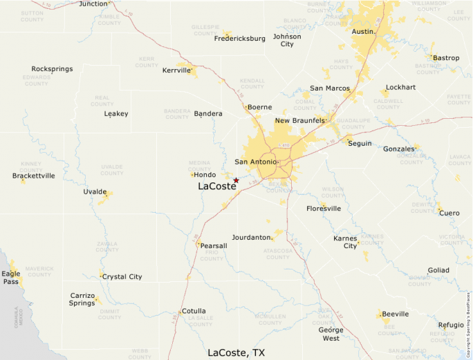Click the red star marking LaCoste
pos(236,180)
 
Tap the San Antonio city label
pos(255,162)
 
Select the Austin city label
pos(362,32)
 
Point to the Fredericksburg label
pos(240,39)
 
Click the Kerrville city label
pos(176,70)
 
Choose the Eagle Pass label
pos(11,278)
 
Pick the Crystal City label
pos(122,277)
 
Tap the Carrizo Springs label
pos(82,299)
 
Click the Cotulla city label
pos(193,312)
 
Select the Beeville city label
pos(396,314)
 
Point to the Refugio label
pos(451,325)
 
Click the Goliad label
pos(438,270)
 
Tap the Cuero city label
pos(449,213)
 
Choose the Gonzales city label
pos(399,149)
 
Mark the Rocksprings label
pos(53,69)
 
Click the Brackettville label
pos(33,176)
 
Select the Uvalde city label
pos(95,191)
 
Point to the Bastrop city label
pos(446,58)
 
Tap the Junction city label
pos(93,3)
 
